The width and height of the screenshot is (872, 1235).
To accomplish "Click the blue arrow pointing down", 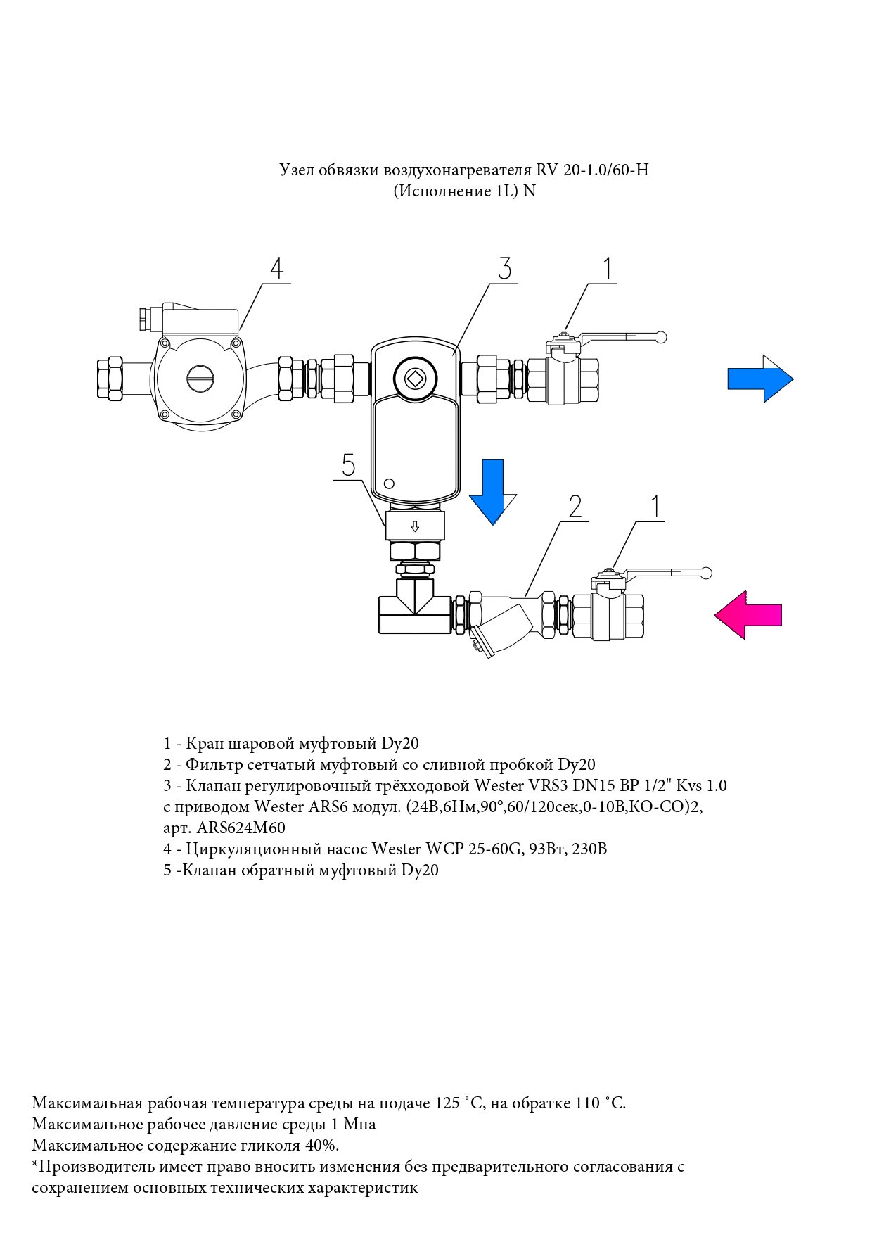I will tap(492, 491).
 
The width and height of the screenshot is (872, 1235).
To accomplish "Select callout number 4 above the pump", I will tap(277, 268).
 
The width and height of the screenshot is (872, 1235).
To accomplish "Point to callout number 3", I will tap(504, 268).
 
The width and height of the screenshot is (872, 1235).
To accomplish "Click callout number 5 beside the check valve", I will tap(349, 465).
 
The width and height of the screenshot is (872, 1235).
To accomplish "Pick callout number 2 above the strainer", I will tap(575, 506).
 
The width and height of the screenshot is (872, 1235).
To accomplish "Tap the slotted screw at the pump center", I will tap(200, 379).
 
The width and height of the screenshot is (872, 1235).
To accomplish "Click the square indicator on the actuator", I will tap(415, 379).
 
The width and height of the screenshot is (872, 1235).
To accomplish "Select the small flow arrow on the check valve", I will tap(415, 526).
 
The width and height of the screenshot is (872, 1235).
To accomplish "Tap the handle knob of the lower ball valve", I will tap(707, 573).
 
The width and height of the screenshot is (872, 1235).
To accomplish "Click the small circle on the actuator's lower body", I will tap(389, 483).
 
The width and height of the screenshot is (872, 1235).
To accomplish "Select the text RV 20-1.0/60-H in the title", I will tap(592, 170).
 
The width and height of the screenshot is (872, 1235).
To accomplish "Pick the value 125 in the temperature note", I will tap(447, 1103).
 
